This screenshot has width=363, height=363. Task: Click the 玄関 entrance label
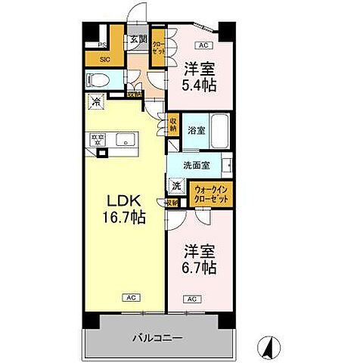[x=136, y=39]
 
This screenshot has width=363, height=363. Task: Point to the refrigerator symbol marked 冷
[x=96, y=102]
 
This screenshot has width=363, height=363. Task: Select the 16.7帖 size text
[x=125, y=217]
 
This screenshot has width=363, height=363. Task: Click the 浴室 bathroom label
[x=195, y=130]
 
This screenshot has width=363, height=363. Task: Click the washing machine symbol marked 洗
[x=175, y=185]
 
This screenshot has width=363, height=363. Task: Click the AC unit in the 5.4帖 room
[x=203, y=45]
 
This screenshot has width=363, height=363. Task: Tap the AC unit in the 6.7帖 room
[x=191, y=299]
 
